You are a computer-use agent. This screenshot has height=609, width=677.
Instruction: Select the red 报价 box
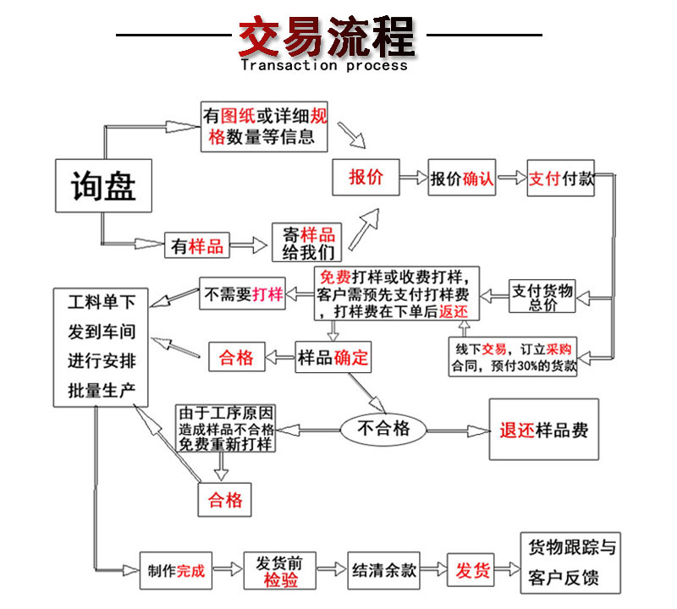tap(365, 178)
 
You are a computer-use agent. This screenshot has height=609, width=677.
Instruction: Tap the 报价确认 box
tap(461, 178)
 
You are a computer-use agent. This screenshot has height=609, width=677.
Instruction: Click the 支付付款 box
tap(561, 178)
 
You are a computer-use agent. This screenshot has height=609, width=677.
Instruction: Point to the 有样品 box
tap(197, 246)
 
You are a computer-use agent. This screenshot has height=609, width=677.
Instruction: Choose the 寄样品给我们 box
tap(308, 244)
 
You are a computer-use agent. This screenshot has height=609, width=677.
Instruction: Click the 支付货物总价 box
tap(542, 297)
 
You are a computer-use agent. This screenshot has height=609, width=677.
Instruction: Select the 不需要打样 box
tap(242, 294)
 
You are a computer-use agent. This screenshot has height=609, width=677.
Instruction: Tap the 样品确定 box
tap(333, 357)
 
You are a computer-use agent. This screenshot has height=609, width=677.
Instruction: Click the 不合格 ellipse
tap(383, 429)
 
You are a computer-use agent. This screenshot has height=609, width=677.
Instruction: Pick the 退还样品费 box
tap(543, 430)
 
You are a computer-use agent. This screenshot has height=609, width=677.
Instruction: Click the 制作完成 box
tap(176, 570)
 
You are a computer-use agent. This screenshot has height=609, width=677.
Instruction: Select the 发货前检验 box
tap(280, 571)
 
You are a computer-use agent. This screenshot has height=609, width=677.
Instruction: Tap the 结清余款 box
tap(383, 570)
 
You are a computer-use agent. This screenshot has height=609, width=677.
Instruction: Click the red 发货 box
tap(473, 570)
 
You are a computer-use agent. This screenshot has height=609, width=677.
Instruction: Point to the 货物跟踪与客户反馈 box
tap(572, 562)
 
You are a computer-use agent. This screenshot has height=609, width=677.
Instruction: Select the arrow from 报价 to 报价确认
tap(413, 178)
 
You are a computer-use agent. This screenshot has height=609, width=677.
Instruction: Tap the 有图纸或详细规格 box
tap(263, 126)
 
